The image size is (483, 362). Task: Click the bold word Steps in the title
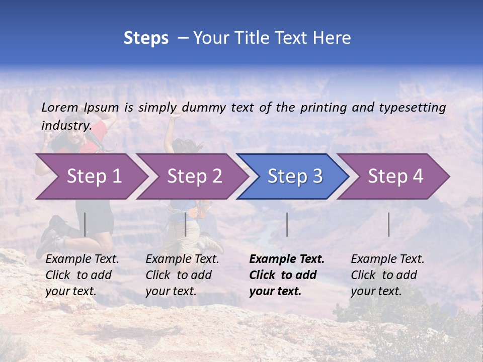click(x=146, y=38)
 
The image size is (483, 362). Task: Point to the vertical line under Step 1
click(x=85, y=224)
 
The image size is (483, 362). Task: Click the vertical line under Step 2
click(x=186, y=224)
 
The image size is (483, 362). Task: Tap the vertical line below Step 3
click(x=287, y=224)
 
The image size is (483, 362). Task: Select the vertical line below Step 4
click(x=388, y=224)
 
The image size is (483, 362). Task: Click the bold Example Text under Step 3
click(x=287, y=259)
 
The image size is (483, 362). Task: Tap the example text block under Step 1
click(x=82, y=275)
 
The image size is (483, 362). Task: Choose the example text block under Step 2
click(x=182, y=275)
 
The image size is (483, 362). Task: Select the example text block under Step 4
click(x=387, y=275)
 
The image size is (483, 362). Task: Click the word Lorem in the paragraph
click(x=60, y=107)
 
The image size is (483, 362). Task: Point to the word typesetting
click(x=412, y=108)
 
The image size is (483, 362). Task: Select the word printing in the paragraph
click(x=324, y=108)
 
